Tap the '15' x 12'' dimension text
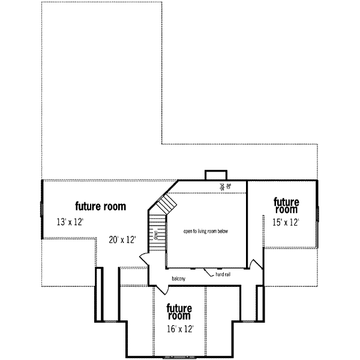286,222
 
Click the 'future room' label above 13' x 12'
100,206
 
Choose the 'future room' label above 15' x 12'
286,205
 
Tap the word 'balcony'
178,278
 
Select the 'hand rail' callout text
223,275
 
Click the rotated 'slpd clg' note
223,187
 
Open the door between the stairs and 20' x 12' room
144,259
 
